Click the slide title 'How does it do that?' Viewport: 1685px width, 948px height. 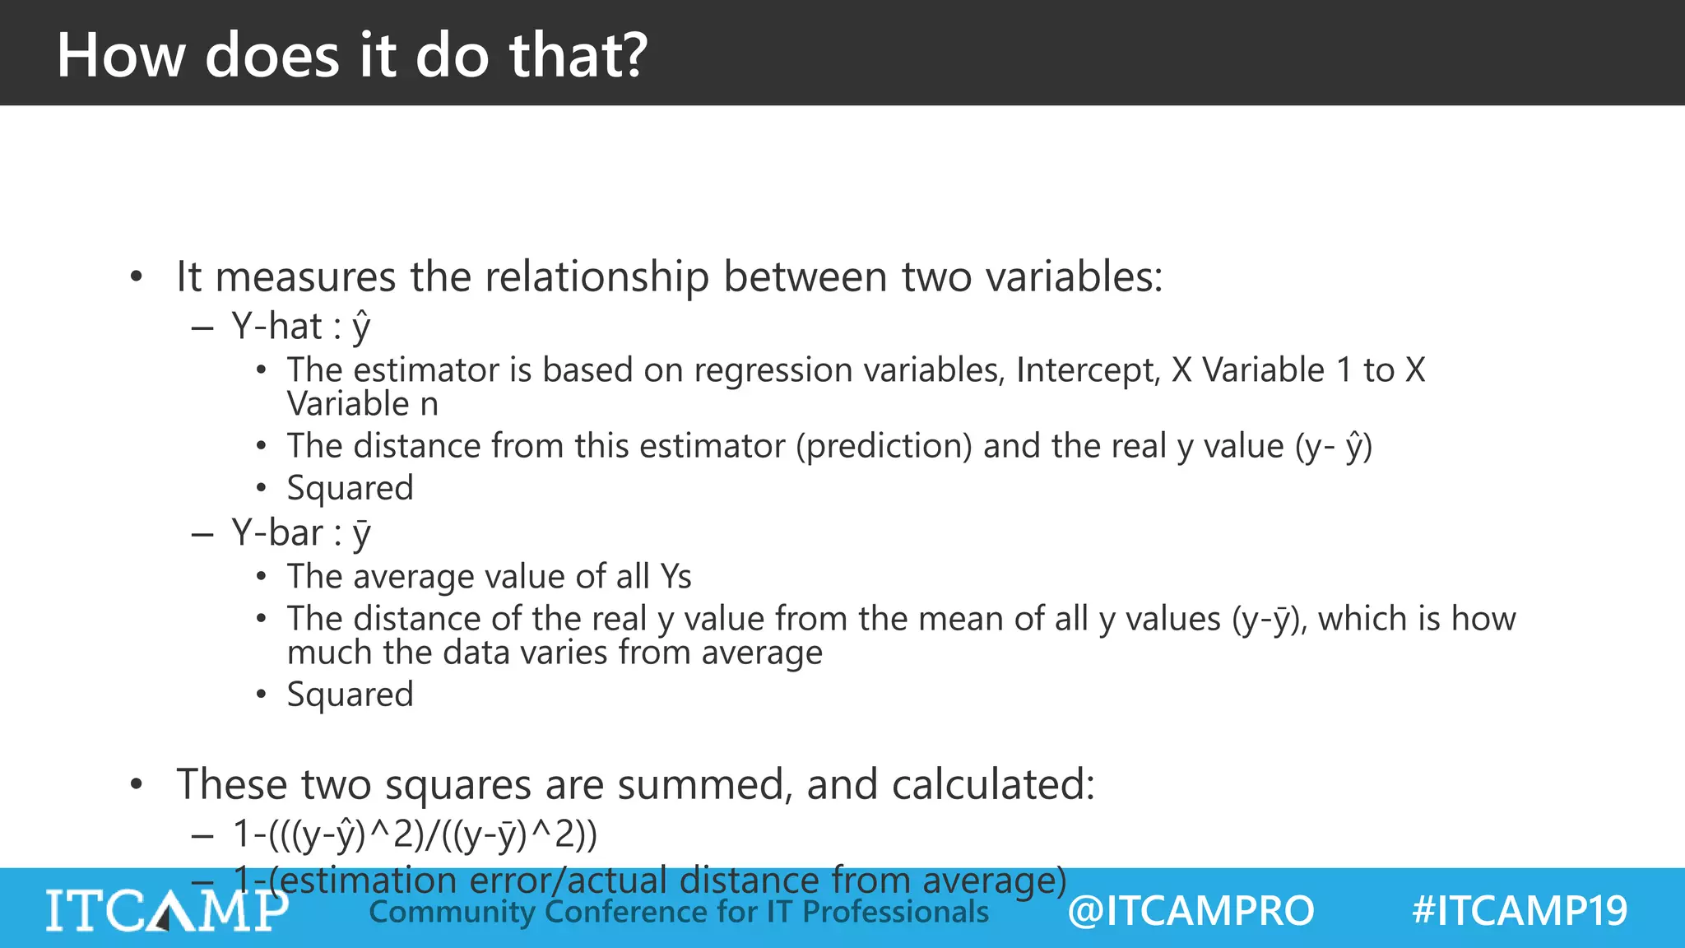[352, 55]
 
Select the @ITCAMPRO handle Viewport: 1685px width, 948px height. [1191, 911]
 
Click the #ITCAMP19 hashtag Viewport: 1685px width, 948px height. [1519, 911]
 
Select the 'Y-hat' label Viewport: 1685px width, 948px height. [276, 327]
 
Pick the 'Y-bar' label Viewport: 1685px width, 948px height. [277, 533]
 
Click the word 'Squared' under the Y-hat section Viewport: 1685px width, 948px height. [350, 488]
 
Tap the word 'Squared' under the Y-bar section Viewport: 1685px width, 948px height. [350, 695]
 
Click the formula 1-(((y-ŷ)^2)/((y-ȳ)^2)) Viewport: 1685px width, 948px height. [415, 834]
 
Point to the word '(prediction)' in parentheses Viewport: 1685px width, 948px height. [884, 446]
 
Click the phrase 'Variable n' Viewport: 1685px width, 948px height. [362, 404]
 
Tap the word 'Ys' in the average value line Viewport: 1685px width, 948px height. [675, 577]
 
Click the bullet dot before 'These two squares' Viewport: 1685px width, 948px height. [137, 784]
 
